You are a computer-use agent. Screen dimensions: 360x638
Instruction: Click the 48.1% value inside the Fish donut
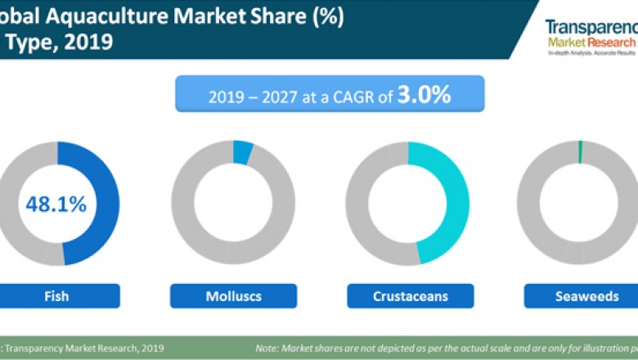pos(55,205)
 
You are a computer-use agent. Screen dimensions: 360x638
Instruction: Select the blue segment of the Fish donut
pos(103,205)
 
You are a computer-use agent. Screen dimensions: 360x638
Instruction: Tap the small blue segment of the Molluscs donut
pos(243,151)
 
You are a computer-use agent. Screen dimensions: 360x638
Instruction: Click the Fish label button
pos(55,296)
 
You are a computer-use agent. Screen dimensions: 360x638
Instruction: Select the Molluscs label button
pos(232,296)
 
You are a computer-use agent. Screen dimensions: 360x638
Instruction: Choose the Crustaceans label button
pos(410,296)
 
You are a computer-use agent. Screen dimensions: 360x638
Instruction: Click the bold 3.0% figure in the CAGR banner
pos(425,95)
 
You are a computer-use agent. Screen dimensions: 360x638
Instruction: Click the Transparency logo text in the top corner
pos(590,27)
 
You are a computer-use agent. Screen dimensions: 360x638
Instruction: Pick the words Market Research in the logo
pos(591,42)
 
